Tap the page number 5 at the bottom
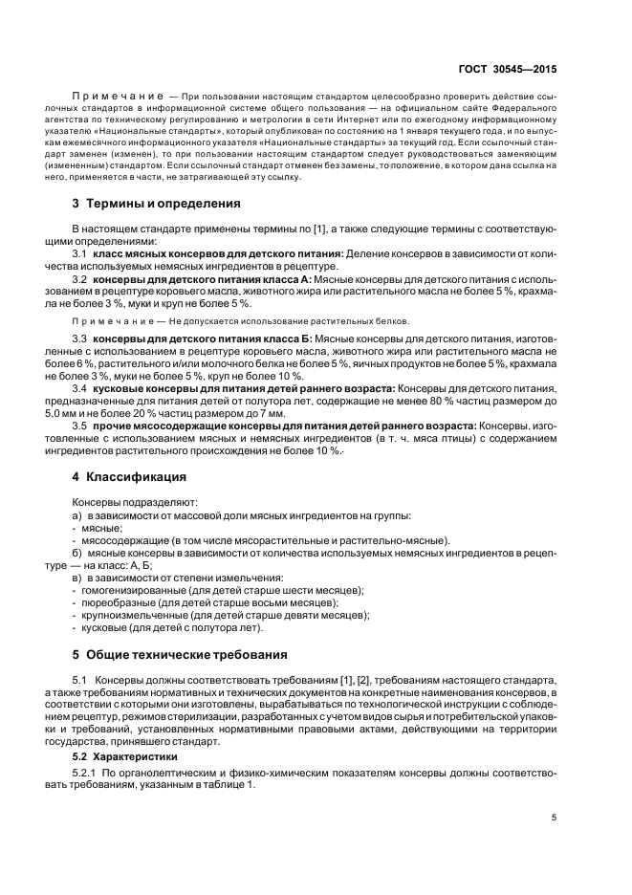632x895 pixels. (x=555, y=818)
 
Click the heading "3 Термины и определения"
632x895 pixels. (x=149, y=204)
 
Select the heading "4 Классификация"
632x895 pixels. (x=129, y=476)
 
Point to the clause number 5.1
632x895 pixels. (x=80, y=680)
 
